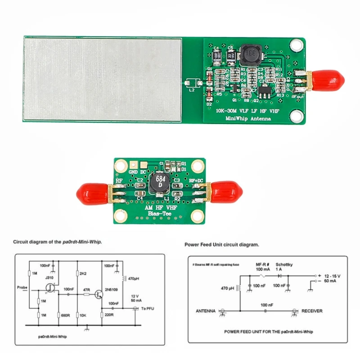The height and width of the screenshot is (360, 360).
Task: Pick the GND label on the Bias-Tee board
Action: pyautogui.click(x=133, y=171)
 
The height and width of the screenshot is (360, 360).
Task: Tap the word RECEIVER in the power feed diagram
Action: pyautogui.click(x=312, y=310)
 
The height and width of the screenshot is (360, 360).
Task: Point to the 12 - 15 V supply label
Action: pyautogui.click(x=331, y=275)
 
